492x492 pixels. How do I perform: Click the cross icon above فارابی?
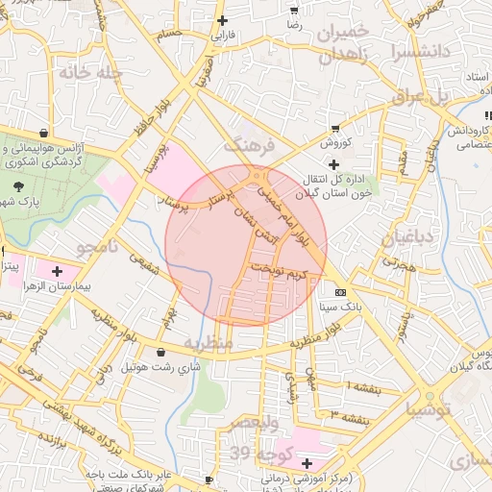[x=223, y=20]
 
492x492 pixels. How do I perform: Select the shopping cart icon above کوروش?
[x=334, y=128]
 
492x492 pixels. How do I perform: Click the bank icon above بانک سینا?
[x=340, y=292]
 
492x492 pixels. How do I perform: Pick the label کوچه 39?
[x=246, y=454]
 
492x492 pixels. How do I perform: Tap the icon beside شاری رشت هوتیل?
[x=159, y=353]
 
